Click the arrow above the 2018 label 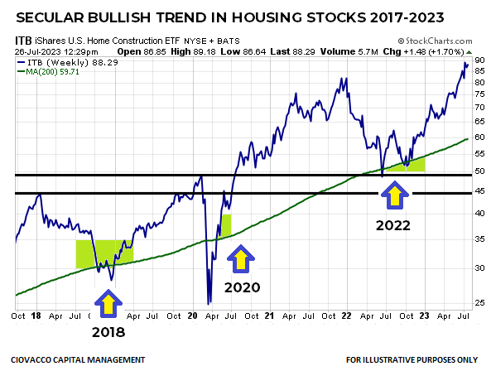(x=108, y=303)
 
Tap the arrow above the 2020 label (x=241, y=260)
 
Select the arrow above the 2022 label (x=394, y=196)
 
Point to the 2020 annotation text (x=241, y=287)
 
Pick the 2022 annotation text (x=394, y=224)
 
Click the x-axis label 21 (x=270, y=316)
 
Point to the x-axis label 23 (x=425, y=316)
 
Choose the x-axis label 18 (x=37, y=316)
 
